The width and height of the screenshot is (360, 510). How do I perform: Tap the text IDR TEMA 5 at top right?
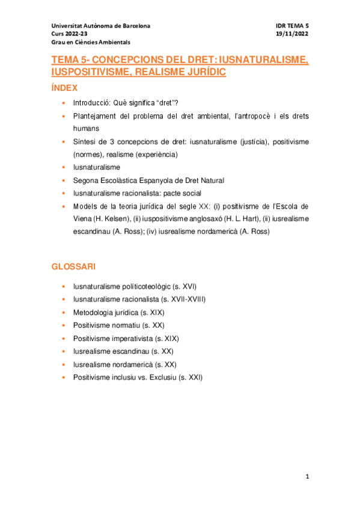pos(291,26)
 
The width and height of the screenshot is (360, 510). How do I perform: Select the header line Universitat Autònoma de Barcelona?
pos(101,26)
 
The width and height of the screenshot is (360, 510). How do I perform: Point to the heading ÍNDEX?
pos(65,88)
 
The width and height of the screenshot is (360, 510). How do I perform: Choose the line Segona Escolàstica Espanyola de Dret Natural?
pos(148,180)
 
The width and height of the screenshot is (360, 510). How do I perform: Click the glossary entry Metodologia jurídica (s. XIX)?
pos(119,313)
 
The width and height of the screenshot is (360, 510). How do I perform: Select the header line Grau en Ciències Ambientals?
pos(91,43)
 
